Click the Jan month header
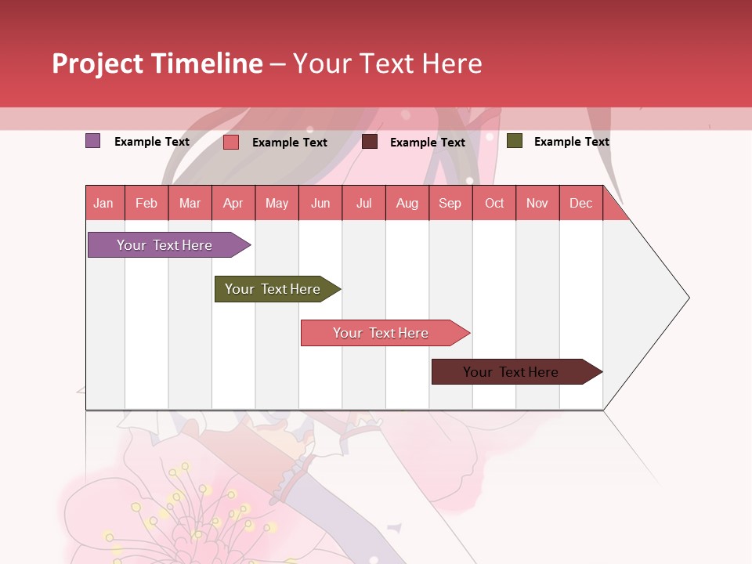(104, 203)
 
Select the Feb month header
(146, 203)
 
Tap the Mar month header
(190, 203)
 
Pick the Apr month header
(233, 203)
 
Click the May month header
(277, 203)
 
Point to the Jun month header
(320, 203)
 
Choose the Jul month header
(363, 203)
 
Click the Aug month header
(407, 203)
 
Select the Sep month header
(450, 203)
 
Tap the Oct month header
(494, 203)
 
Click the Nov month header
(537, 203)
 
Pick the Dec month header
(581, 203)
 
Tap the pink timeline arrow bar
(382, 333)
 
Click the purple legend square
(93, 141)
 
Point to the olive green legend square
(515, 141)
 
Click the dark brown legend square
(370, 142)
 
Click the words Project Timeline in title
(157, 63)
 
